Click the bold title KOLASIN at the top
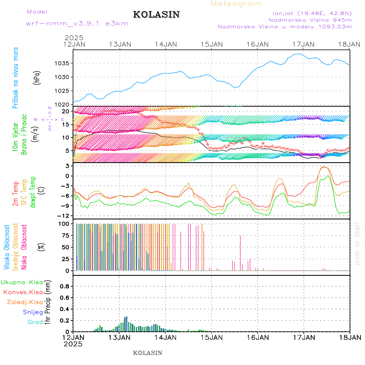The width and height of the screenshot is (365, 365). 156,15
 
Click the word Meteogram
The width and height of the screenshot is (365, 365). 236,4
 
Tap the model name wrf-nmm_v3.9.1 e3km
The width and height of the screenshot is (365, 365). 77,23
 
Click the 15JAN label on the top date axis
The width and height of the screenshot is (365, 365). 211,44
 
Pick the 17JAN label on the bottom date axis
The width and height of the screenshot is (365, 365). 304,337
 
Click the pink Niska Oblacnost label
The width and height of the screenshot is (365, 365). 24,247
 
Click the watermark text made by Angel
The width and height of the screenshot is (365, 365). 357,243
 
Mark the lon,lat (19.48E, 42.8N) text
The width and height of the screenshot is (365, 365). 312,13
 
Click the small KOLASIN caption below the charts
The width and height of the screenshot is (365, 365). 148,353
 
